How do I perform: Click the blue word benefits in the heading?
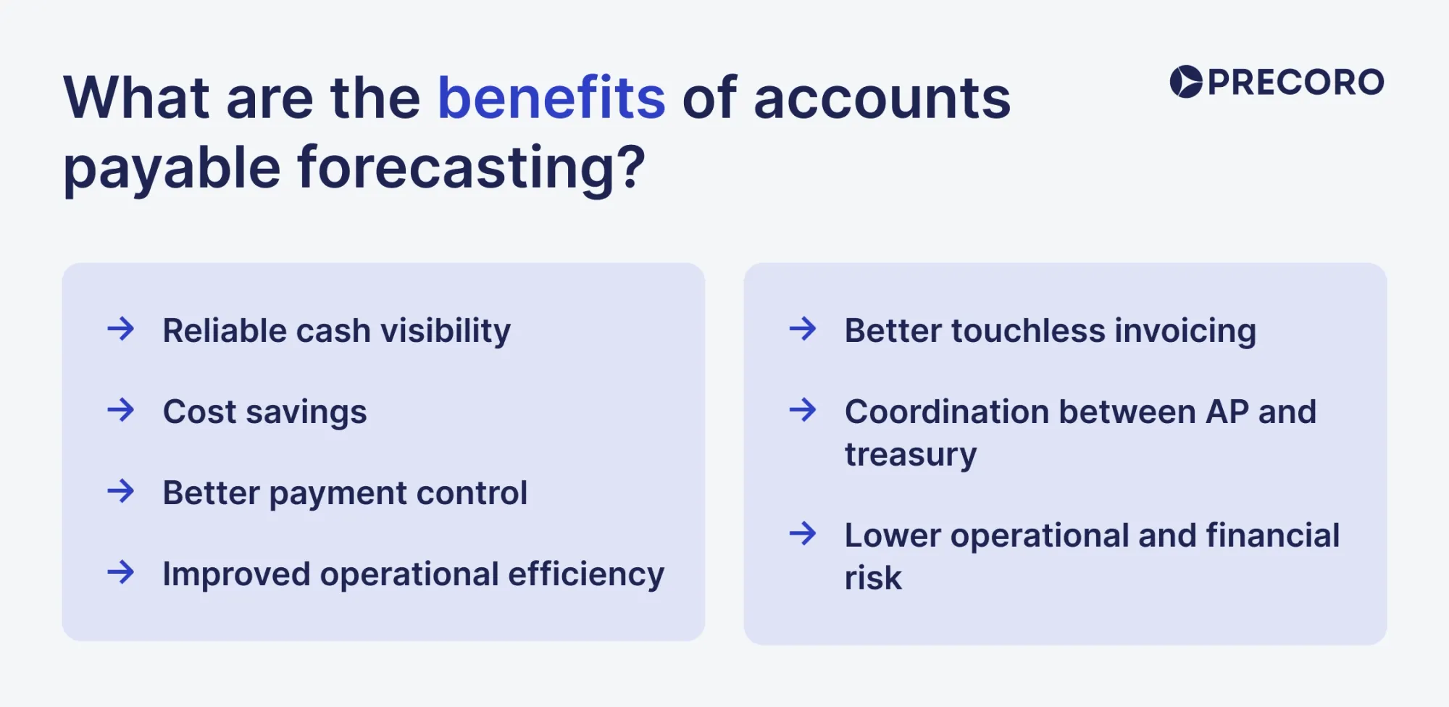(x=551, y=98)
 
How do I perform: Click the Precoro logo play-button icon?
(x=1186, y=81)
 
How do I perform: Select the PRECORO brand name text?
(x=1295, y=82)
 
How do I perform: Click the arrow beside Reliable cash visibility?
(x=121, y=329)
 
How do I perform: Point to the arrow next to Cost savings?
(x=121, y=410)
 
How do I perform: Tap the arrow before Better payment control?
(x=121, y=491)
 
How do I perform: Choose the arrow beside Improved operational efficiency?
(x=121, y=572)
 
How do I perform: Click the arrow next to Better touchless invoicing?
(x=803, y=329)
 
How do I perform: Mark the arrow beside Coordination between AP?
(x=803, y=410)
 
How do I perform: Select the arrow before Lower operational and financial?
(x=803, y=534)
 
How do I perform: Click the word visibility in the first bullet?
(x=446, y=331)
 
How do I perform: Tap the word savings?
(x=306, y=413)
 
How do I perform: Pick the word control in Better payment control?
(x=472, y=493)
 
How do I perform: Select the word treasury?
(x=911, y=456)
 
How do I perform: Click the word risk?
(x=873, y=578)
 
